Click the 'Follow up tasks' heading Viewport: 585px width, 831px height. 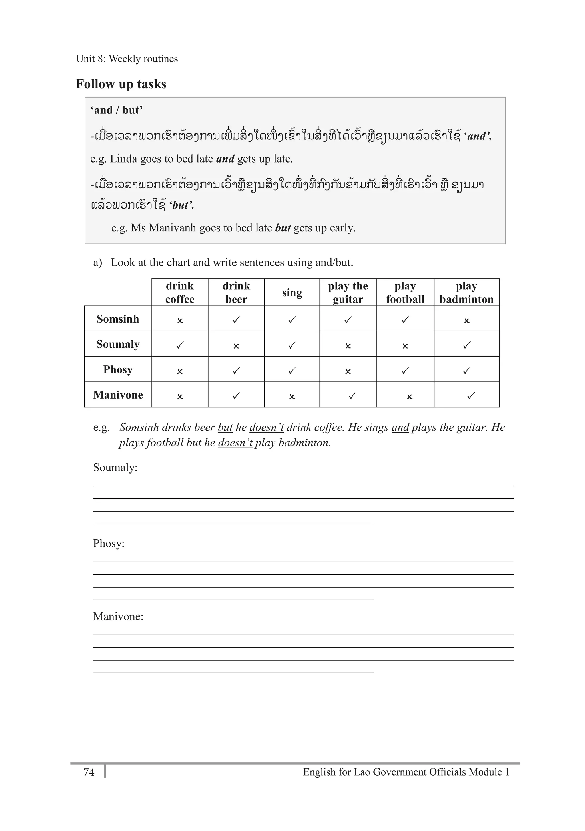tap(121, 84)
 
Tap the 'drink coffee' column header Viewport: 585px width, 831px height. tap(179, 292)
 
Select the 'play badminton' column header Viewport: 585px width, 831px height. tap(466, 292)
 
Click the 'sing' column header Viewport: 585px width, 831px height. tap(292, 292)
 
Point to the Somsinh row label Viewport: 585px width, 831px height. tap(118, 319)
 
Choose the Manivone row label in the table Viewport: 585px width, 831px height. tap(118, 395)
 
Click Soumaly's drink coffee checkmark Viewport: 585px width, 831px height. tap(179, 345)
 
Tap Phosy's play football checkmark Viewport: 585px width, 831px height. tap(405, 371)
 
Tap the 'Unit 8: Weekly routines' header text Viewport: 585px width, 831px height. tap(127, 59)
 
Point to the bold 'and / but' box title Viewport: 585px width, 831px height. tap(116, 110)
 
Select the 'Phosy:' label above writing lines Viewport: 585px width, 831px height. tap(109, 543)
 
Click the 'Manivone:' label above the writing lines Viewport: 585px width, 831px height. tap(118, 616)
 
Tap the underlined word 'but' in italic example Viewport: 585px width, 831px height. tap(225, 428)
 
